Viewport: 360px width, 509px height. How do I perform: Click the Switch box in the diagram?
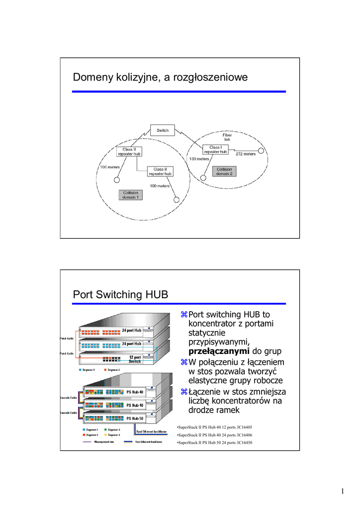[163, 131]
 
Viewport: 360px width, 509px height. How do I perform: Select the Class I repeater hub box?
[215, 150]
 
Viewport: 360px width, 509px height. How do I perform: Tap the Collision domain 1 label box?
[131, 195]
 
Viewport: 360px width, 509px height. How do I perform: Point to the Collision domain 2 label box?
[224, 171]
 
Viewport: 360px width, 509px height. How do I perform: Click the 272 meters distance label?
[246, 154]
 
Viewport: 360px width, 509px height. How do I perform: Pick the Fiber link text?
[227, 137]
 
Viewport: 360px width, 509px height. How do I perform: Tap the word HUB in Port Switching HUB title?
[156, 295]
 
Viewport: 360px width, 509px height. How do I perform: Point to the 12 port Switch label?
[135, 359]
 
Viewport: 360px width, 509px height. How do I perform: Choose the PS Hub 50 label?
[135, 419]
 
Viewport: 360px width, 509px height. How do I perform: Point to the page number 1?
[343, 492]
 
